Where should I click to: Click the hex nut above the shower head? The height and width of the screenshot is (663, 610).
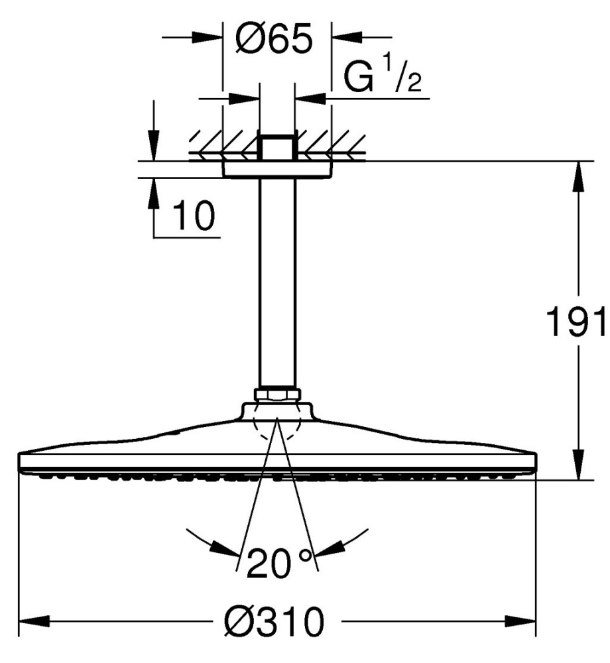[x=277, y=394]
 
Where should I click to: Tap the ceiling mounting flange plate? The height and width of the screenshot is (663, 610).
[x=277, y=170]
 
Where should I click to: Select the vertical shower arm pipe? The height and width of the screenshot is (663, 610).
[x=277, y=282]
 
